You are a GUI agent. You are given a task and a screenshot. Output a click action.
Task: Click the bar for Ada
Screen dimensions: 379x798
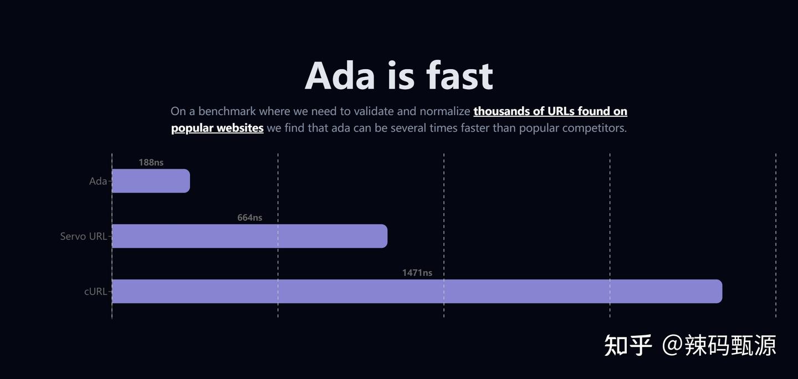pos(151,181)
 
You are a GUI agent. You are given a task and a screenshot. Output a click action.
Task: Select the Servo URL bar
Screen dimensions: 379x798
pos(249,236)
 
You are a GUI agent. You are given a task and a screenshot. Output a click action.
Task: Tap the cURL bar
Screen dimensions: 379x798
pos(417,292)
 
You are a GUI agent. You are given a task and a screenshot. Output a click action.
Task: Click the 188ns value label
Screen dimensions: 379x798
pos(151,162)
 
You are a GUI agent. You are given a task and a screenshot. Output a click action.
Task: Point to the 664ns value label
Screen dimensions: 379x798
pos(249,217)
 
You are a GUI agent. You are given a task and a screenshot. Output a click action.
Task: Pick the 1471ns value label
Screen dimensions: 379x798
pos(417,273)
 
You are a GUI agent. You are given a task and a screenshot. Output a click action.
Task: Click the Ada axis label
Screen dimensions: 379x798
pos(98,181)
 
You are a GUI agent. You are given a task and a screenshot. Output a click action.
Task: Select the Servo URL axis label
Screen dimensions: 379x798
pos(83,236)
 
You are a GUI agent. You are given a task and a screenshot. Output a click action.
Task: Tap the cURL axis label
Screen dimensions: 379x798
pos(95,291)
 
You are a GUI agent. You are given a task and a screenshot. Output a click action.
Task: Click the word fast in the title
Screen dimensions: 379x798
pos(459,75)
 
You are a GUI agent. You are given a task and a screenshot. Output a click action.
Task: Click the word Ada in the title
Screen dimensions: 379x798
pos(340,75)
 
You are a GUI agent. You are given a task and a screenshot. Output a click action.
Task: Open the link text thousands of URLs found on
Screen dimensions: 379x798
pos(550,111)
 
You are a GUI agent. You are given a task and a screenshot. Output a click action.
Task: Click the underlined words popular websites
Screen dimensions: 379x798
pos(217,128)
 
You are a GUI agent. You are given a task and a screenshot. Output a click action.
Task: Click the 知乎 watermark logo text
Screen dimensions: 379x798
pos(628,345)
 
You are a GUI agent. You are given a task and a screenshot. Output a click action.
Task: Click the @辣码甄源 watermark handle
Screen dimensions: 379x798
pos(719,345)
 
